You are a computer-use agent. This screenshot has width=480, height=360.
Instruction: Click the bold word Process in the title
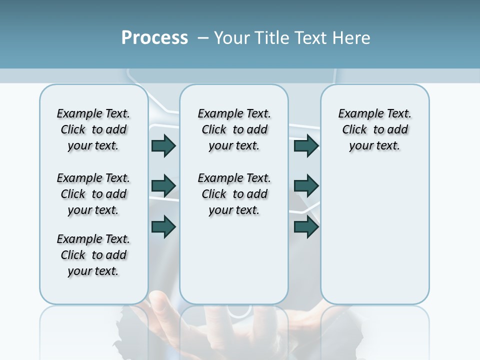pyautogui.click(x=154, y=38)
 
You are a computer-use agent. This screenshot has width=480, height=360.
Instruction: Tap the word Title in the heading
pyautogui.click(x=272, y=38)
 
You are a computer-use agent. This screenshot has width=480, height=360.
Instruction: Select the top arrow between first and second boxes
pyautogui.click(x=163, y=146)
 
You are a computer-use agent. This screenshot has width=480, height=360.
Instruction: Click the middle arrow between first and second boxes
pyautogui.click(x=163, y=186)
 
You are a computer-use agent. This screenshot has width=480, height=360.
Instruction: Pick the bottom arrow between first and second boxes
pyautogui.click(x=163, y=226)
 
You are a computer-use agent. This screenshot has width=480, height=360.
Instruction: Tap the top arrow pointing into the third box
pyautogui.click(x=306, y=146)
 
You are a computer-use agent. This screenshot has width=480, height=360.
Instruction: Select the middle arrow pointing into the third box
pyautogui.click(x=306, y=186)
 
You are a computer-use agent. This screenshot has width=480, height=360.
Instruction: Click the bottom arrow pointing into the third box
pyautogui.click(x=306, y=226)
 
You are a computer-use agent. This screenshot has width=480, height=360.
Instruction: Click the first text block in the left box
pyautogui.click(x=93, y=129)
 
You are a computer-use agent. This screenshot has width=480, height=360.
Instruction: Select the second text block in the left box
pyautogui.click(x=93, y=194)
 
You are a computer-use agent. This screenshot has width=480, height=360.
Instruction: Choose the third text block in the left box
pyautogui.click(x=93, y=255)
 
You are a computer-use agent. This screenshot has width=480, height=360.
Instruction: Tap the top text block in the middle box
pyautogui.click(x=234, y=129)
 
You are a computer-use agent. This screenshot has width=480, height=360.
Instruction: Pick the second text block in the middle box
pyautogui.click(x=234, y=194)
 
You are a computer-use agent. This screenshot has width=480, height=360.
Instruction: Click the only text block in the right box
pyautogui.click(x=374, y=129)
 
